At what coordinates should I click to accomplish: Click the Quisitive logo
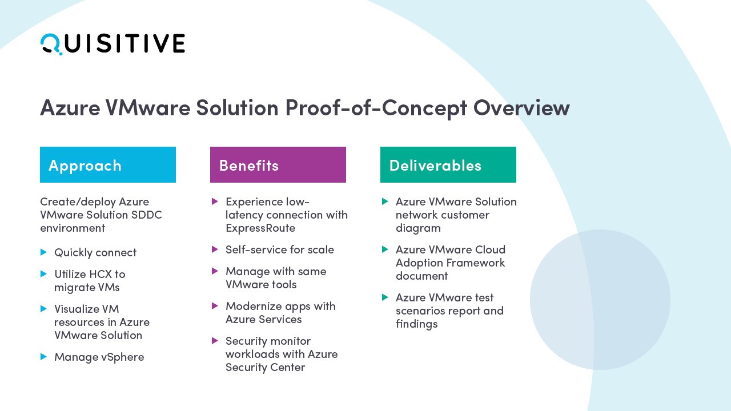tap(113, 44)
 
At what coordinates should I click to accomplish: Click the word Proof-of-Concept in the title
tap(376, 108)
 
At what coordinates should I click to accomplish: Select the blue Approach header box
tap(108, 164)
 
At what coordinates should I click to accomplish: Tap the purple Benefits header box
tap(278, 164)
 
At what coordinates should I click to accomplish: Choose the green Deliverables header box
tap(448, 164)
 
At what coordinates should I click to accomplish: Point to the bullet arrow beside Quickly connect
tap(43, 252)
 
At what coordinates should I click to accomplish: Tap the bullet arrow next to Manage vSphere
tap(43, 356)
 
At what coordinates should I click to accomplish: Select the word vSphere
tap(122, 357)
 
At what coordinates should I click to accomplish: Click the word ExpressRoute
tap(260, 228)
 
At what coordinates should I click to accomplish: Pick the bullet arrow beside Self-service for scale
tap(215, 249)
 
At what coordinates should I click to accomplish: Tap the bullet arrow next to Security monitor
tap(215, 341)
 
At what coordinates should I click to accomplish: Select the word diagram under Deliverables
tap(418, 228)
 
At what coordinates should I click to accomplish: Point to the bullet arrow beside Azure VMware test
tap(385, 297)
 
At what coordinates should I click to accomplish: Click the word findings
tap(417, 324)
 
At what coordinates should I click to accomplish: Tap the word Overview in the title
tap(521, 108)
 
